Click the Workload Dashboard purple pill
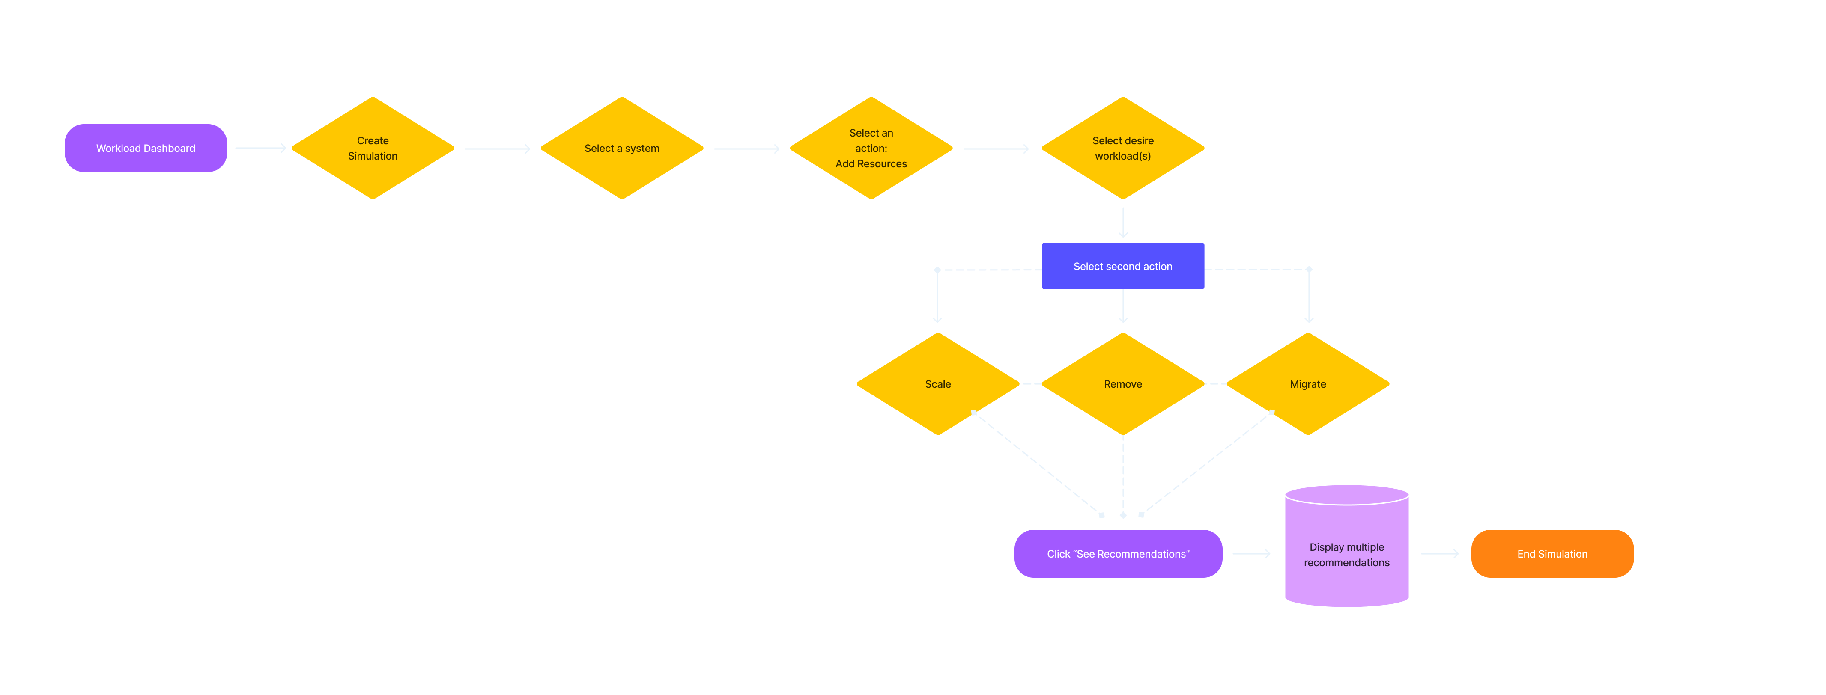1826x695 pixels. [x=145, y=148]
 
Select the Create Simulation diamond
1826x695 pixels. [x=373, y=148]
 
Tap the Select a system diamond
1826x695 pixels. [x=622, y=148]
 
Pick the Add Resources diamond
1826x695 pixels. [x=871, y=148]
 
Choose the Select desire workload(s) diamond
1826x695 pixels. [x=1123, y=148]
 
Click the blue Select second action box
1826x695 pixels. [x=1123, y=266]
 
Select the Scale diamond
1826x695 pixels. [x=938, y=384]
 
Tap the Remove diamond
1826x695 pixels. [x=1123, y=384]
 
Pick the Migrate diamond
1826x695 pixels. [x=1308, y=384]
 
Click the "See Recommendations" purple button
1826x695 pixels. [x=1118, y=554]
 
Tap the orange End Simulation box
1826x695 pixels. [x=1552, y=554]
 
